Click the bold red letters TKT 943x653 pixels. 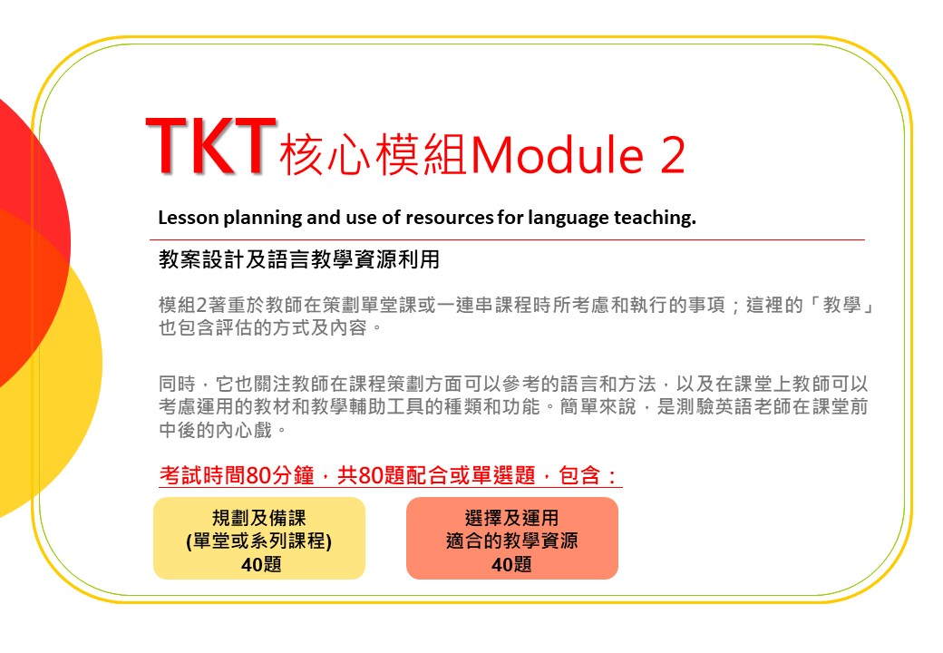210,146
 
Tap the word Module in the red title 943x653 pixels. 558,155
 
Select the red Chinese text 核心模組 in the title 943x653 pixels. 374,155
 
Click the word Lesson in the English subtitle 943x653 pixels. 189,217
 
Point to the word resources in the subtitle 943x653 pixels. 450,217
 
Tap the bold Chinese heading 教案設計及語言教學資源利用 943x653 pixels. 299,259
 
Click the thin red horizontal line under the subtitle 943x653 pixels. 507,240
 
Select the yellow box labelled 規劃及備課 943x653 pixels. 259,538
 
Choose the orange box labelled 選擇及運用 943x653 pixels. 511,538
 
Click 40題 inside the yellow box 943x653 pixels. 261,564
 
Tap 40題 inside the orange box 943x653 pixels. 511,564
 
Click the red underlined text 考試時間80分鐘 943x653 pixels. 237,475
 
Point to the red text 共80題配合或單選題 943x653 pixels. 436,475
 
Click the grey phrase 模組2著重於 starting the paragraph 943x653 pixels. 207,305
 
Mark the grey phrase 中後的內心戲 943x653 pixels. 215,430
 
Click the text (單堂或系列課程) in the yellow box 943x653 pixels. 258,541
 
